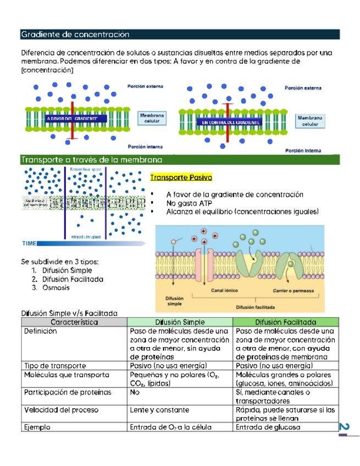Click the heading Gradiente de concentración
click(75, 35)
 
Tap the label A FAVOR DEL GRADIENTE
click(72, 118)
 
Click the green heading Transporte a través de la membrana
click(91, 160)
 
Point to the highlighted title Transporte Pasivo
click(181, 177)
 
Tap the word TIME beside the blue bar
click(30, 242)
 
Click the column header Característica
click(74, 322)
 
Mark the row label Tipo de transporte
click(55, 365)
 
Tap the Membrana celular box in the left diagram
click(152, 119)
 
